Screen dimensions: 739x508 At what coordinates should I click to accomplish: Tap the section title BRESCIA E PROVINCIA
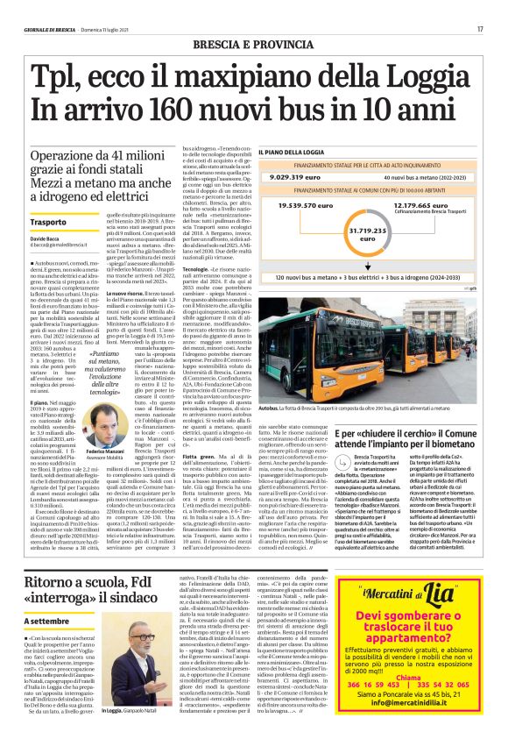tap(253, 43)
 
